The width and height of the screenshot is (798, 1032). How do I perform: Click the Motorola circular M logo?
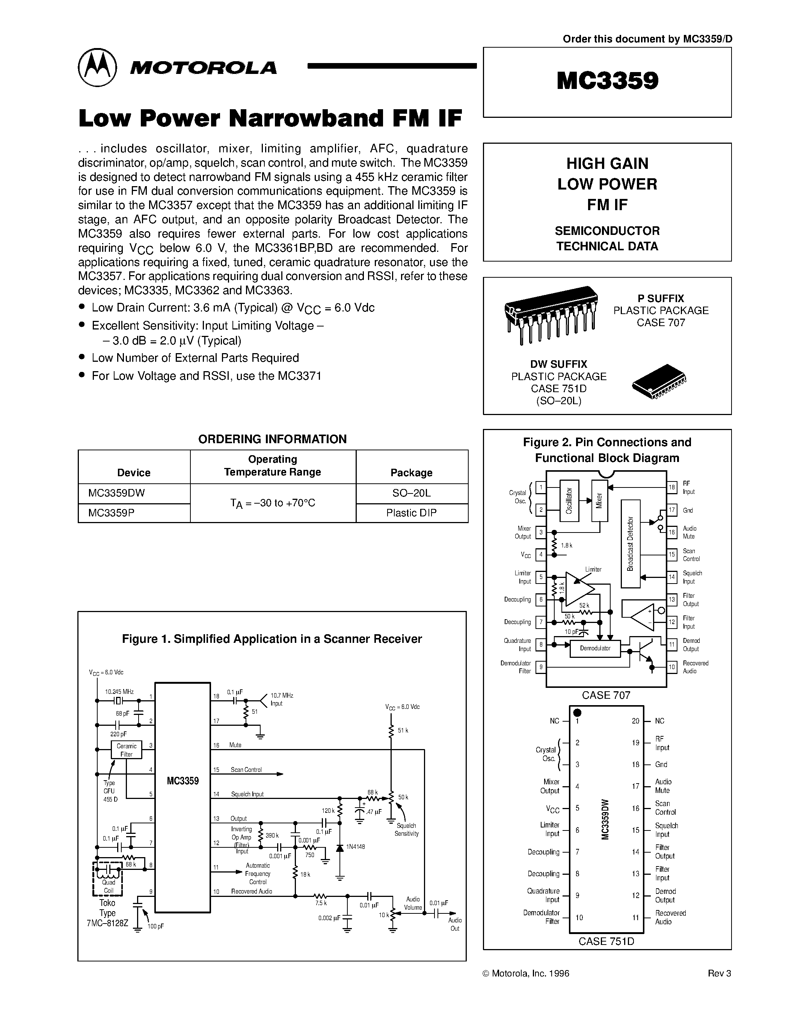click(x=97, y=67)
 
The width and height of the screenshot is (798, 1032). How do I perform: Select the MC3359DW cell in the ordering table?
click(x=116, y=493)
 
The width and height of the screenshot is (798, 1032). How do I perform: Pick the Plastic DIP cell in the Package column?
click(x=411, y=513)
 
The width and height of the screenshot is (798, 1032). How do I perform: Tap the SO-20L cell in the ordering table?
click(x=411, y=493)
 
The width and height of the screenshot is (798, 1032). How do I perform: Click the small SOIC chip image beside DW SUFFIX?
click(x=659, y=381)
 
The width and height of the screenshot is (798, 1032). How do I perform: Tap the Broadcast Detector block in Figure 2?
click(x=630, y=543)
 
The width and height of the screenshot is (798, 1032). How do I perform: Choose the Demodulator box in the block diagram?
click(x=595, y=648)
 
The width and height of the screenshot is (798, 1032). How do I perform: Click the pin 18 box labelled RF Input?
click(x=671, y=487)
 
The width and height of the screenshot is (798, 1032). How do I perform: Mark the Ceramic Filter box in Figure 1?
click(x=126, y=750)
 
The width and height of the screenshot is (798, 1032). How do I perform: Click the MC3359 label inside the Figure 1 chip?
click(x=183, y=781)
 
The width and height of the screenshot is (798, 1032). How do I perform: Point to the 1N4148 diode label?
click(x=355, y=847)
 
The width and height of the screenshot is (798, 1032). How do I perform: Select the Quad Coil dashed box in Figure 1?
click(x=108, y=879)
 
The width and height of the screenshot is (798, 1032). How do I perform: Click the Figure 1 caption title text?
click(x=272, y=639)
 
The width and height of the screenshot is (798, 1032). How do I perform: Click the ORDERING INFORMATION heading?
click(x=272, y=439)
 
